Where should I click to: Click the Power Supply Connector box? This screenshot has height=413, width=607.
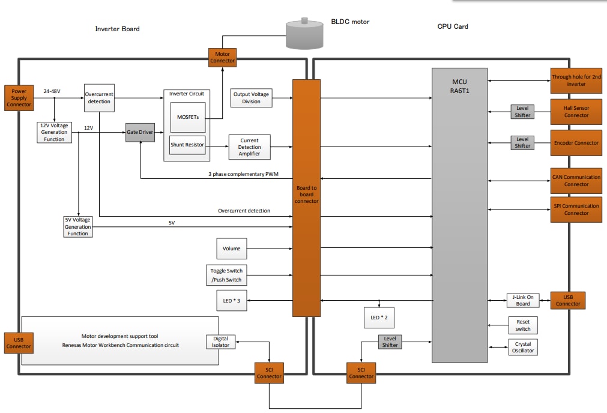19,98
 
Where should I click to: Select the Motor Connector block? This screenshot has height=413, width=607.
222,57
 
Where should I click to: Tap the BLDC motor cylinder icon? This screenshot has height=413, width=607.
304,34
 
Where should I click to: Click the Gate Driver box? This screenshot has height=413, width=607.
139,132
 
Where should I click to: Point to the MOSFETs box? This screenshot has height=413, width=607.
188,117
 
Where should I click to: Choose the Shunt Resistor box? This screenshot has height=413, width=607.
187,145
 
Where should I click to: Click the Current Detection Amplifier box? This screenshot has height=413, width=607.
249,148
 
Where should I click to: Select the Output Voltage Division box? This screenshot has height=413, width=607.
251,98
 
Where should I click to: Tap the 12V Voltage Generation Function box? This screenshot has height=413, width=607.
54,132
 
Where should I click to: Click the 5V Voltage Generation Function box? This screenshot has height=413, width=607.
78,226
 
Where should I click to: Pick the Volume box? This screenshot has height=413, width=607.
231,249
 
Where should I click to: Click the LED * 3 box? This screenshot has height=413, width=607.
231,301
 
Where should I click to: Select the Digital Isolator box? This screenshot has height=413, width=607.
220,342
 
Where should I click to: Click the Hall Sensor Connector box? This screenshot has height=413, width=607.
576,111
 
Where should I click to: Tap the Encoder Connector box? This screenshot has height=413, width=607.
576,143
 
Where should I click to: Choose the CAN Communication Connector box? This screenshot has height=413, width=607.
576,181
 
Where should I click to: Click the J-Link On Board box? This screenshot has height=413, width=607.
522,300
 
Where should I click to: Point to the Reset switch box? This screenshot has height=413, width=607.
523,325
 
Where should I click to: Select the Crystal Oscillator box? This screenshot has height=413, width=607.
523,348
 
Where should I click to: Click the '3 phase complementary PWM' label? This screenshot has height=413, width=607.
243,175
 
